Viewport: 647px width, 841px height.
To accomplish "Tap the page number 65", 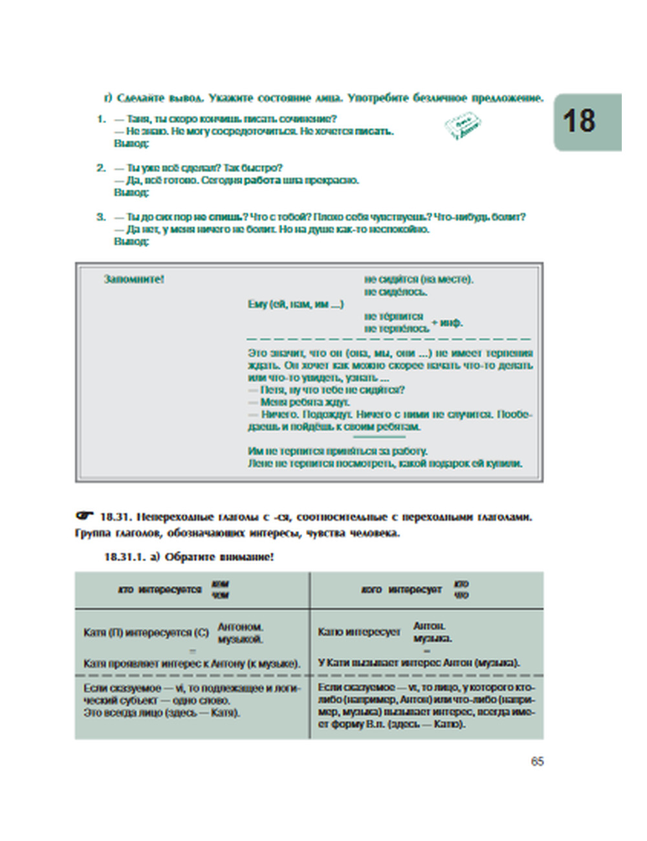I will pyautogui.click(x=537, y=761).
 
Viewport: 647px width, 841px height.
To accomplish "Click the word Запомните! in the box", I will pyautogui.click(x=134, y=279).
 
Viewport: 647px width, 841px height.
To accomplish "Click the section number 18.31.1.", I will pyautogui.click(x=126, y=556).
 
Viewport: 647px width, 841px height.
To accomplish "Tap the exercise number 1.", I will pyautogui.click(x=101, y=119).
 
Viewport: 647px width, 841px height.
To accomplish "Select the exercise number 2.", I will pyautogui.click(x=101, y=168).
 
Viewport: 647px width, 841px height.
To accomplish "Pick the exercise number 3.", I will pyautogui.click(x=101, y=217).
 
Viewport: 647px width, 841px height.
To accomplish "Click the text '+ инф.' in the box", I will pyautogui.click(x=447, y=322).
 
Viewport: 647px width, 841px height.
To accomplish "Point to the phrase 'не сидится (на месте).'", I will pyautogui.click(x=419, y=279).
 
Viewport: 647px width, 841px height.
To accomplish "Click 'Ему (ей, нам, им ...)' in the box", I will pyautogui.click(x=296, y=304).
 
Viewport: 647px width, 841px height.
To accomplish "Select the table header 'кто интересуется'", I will pyautogui.click(x=160, y=589).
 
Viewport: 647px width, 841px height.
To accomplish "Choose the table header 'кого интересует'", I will pyautogui.click(x=401, y=589).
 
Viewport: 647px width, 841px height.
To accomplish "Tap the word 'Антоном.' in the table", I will pyautogui.click(x=240, y=627).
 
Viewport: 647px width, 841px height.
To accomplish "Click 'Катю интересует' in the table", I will pyautogui.click(x=359, y=632).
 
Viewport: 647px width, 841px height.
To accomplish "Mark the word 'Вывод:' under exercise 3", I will pyautogui.click(x=131, y=241).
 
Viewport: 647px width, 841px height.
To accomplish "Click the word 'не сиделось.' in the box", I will pyautogui.click(x=395, y=292).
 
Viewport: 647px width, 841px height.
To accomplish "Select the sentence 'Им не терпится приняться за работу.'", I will pyautogui.click(x=338, y=451).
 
